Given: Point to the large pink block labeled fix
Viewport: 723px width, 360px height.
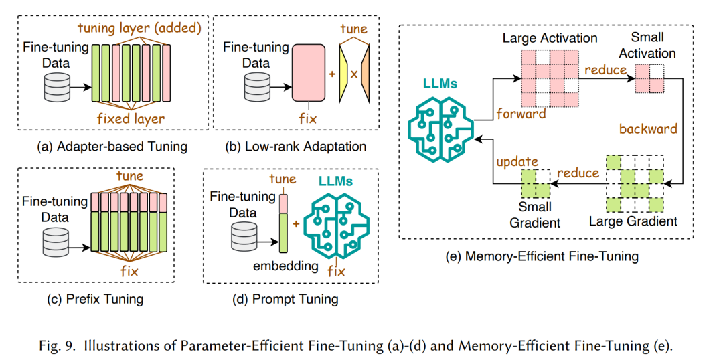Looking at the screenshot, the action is pyautogui.click(x=309, y=72).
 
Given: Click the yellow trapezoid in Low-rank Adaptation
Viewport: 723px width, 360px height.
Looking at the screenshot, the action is pyautogui.click(x=344, y=72).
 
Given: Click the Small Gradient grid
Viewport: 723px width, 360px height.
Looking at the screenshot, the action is pyautogui.click(x=536, y=183).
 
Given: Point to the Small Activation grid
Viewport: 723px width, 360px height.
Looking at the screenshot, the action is pyautogui.click(x=649, y=78).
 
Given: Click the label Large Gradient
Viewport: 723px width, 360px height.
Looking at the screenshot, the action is pyautogui.click(x=633, y=221).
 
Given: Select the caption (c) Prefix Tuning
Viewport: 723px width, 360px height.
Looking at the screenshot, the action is pyautogui.click(x=95, y=300).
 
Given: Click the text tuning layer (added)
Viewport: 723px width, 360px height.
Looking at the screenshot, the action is pyautogui.click(x=139, y=28).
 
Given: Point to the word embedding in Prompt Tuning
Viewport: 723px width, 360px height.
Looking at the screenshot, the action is pyautogui.click(x=287, y=265).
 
